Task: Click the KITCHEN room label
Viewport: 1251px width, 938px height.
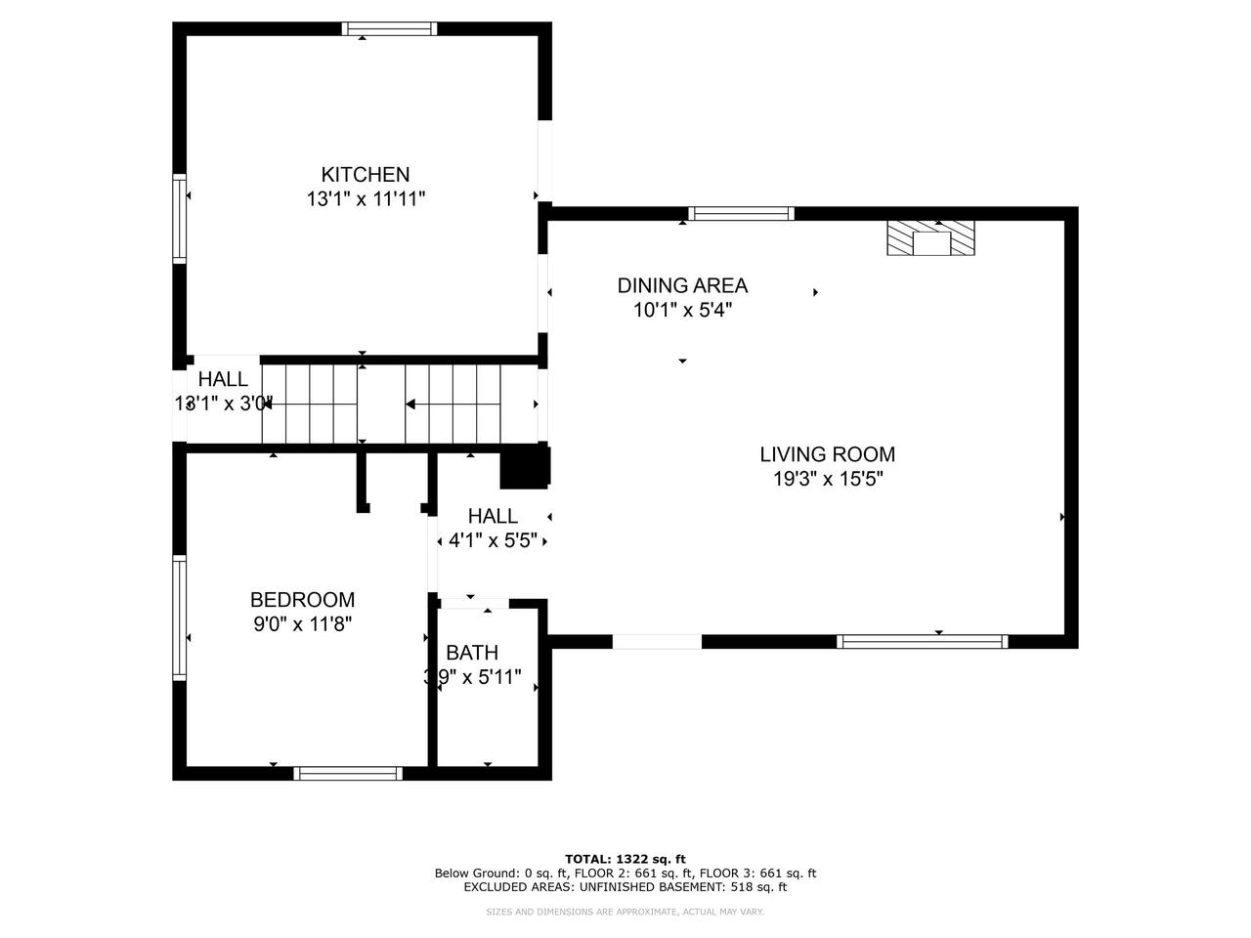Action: (366, 175)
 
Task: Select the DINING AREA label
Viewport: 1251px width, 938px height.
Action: (682, 285)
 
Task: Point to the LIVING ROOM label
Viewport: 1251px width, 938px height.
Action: (827, 454)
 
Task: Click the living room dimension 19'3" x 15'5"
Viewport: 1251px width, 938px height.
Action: (827, 479)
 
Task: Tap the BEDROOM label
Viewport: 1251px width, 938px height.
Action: (302, 600)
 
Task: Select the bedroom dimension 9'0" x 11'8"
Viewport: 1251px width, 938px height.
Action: (302, 624)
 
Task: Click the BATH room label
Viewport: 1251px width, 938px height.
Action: (472, 653)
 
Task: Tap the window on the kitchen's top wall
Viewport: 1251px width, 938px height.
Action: (389, 28)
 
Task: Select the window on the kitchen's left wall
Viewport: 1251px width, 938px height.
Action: (180, 218)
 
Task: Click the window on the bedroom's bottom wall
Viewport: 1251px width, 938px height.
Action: (348, 773)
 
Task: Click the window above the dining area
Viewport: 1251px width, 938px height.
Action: (741, 214)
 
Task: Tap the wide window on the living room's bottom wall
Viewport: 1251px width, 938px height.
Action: (922, 642)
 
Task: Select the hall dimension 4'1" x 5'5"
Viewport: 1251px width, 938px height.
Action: (493, 540)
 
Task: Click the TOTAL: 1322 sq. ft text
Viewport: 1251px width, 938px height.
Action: (625, 859)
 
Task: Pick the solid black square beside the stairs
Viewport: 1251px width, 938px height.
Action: (525, 467)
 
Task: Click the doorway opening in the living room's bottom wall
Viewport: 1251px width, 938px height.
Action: (657, 642)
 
